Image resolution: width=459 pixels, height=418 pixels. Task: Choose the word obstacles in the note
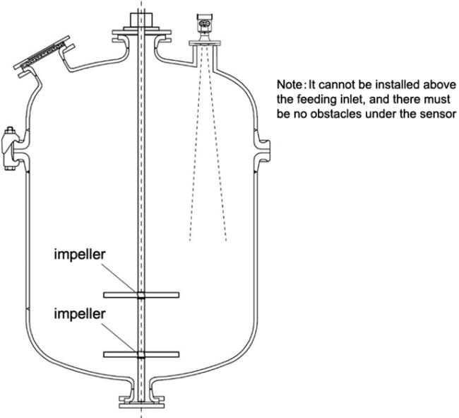point(347,112)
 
